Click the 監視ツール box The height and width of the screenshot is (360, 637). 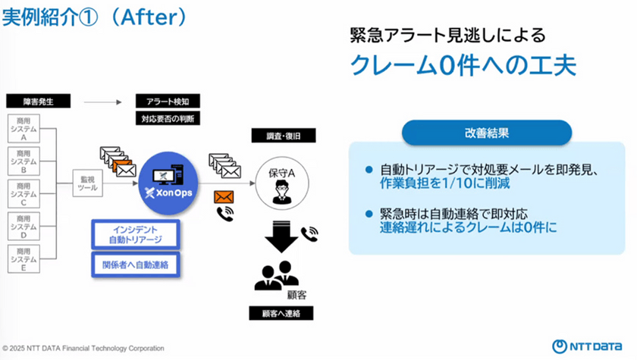coord(87,184)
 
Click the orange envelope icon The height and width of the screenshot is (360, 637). coord(224,197)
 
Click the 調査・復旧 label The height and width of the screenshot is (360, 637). coord(281,136)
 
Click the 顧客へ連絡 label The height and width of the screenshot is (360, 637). coord(281,314)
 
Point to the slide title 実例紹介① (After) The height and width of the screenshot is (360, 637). coord(95,17)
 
